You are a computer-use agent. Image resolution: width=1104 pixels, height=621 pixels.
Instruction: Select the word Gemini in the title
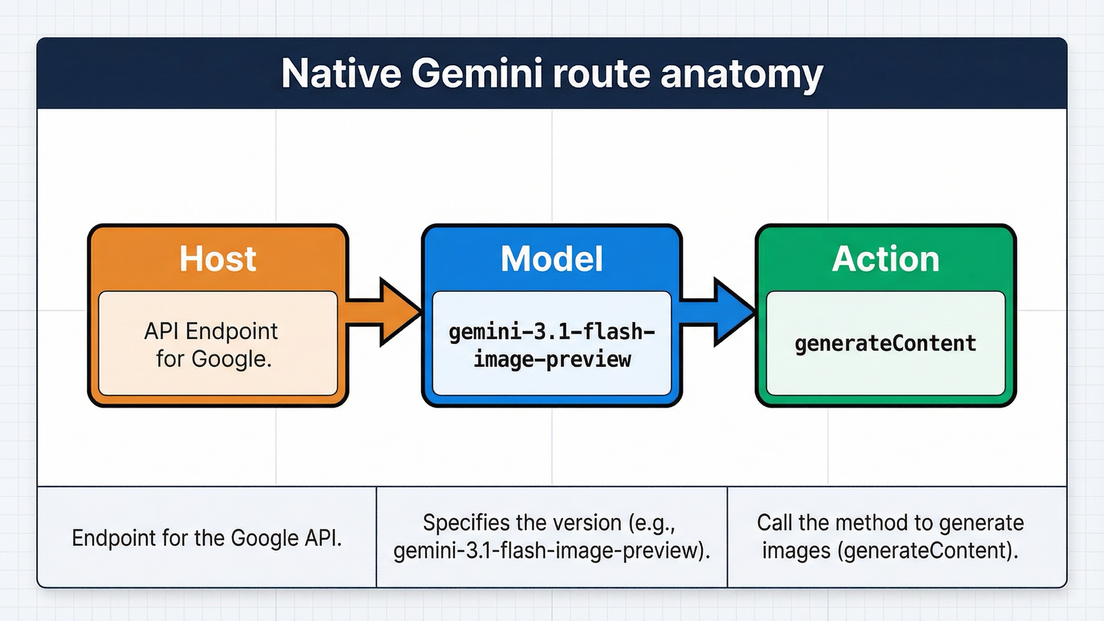477,74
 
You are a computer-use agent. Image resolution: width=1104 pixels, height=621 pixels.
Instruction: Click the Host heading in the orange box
218,259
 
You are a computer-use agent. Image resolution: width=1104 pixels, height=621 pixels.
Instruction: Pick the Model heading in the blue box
552,259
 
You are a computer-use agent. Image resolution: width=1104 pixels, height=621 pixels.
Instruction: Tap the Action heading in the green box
885,259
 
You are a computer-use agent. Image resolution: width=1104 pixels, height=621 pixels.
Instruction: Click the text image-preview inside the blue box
552,359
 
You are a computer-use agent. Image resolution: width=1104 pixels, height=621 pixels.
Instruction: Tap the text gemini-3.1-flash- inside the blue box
552,332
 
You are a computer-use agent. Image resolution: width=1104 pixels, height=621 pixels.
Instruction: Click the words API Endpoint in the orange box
211,331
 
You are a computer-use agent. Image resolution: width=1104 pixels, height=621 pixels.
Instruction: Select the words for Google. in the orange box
214,359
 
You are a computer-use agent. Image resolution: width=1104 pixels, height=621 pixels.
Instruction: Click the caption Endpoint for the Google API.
207,538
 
